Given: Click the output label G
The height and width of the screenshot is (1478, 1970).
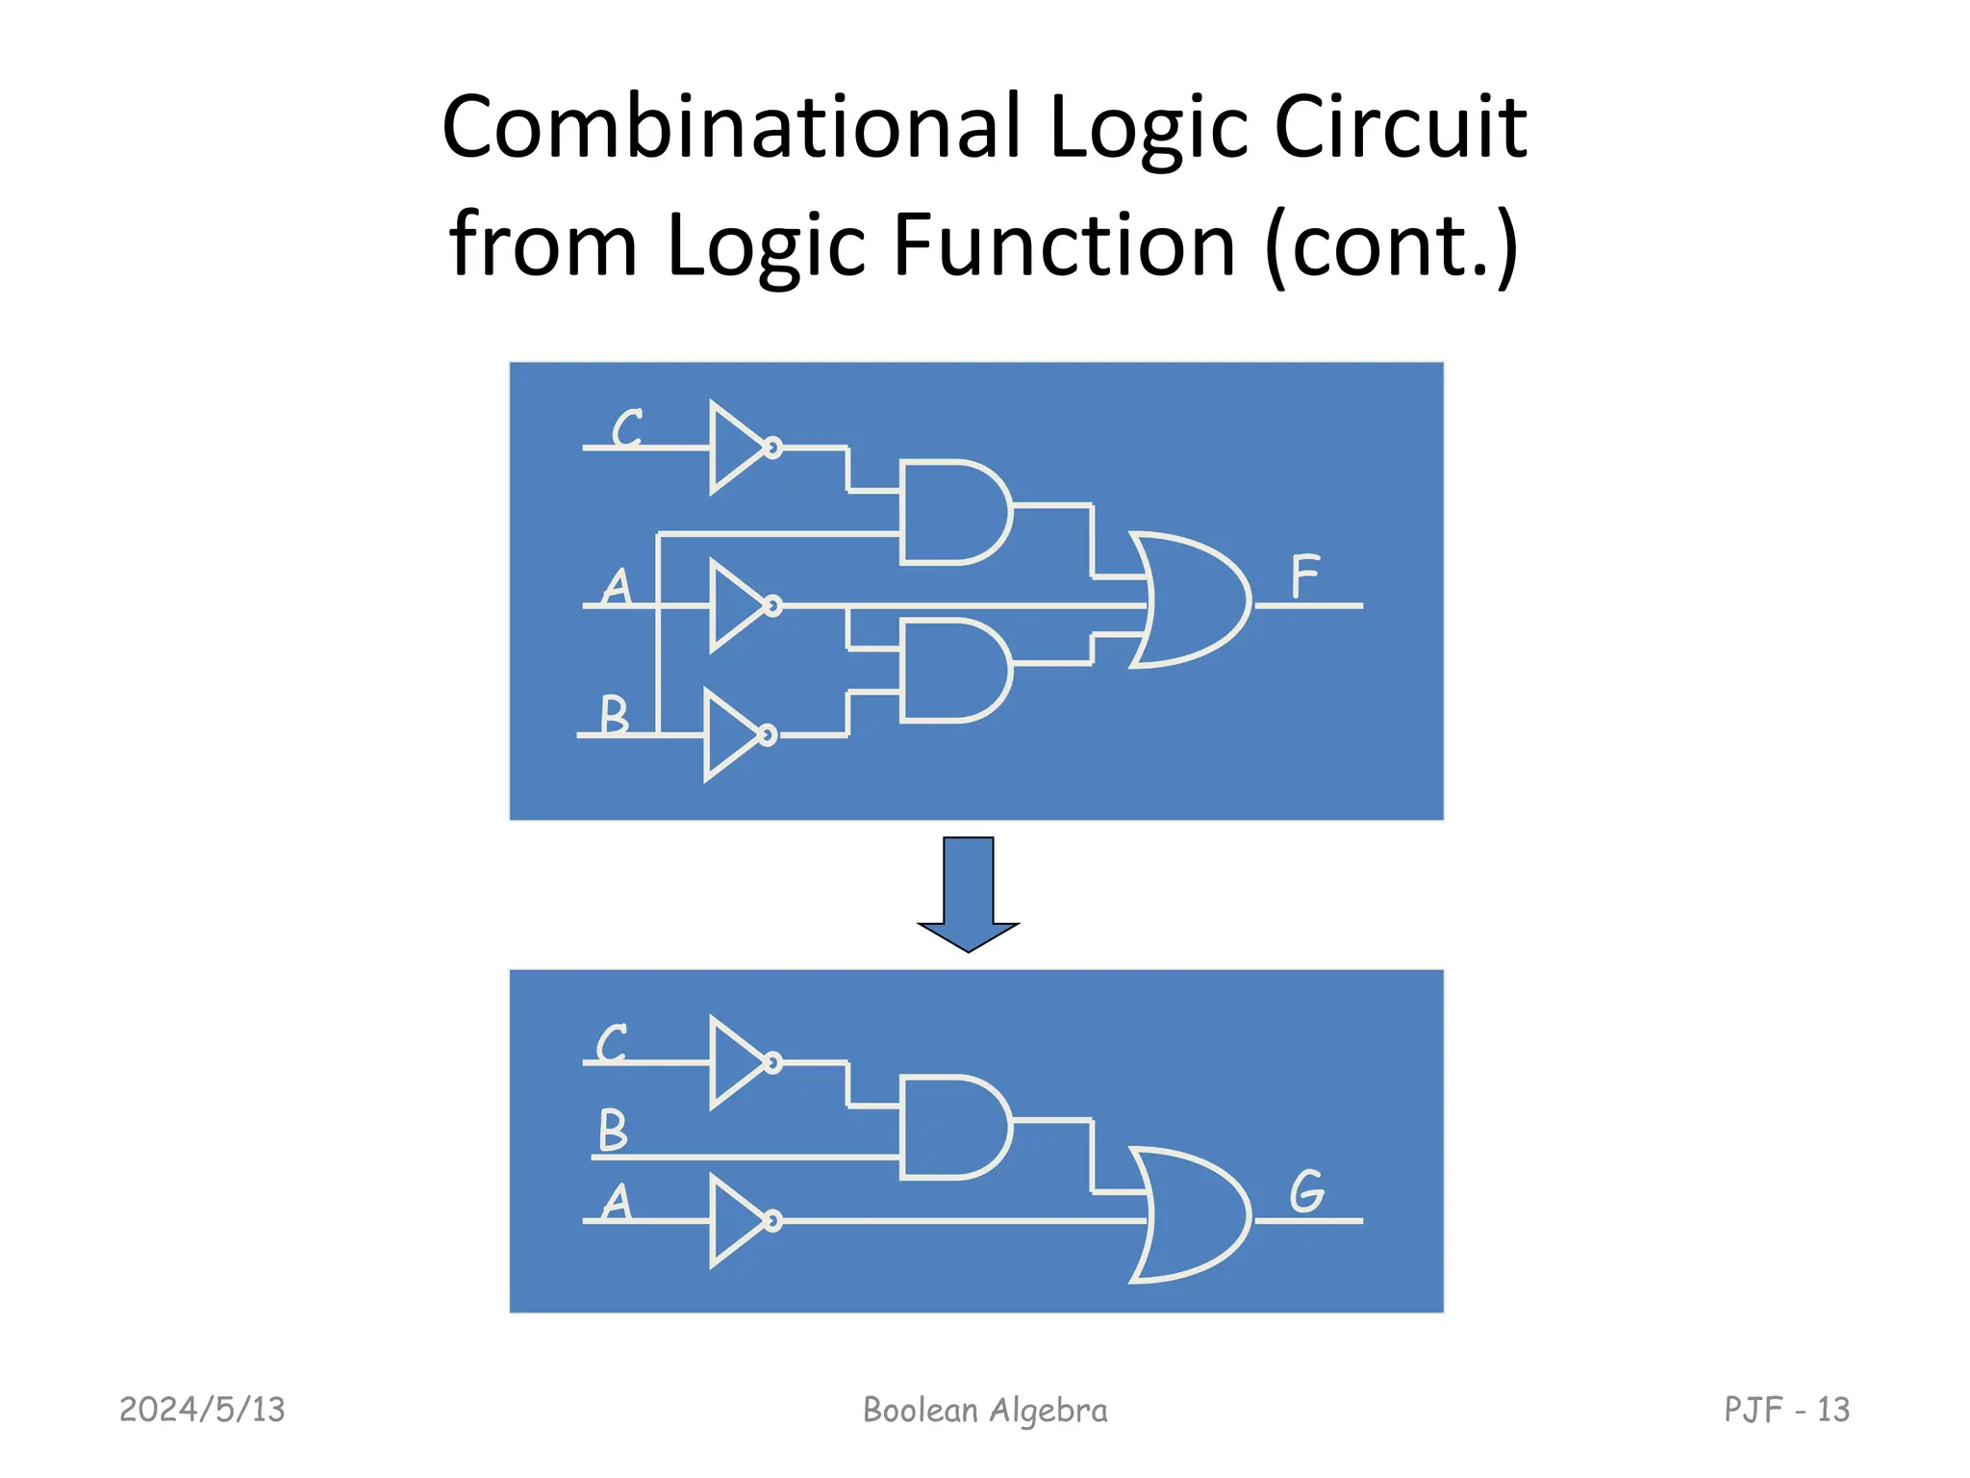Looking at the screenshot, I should click(x=1306, y=1191).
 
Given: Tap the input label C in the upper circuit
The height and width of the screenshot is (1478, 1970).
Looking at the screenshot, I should click(x=628, y=428).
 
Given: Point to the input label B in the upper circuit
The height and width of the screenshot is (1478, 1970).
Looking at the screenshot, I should click(x=614, y=714).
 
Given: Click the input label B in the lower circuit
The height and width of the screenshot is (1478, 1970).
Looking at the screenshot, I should click(x=613, y=1130).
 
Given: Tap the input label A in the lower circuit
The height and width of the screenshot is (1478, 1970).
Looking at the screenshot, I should click(x=616, y=1202).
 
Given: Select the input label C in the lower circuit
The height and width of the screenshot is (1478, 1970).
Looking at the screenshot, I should click(x=613, y=1043).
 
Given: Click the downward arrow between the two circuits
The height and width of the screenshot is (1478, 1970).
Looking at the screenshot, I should click(x=968, y=890).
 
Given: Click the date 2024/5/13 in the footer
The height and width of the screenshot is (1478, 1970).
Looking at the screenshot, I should click(x=202, y=1410).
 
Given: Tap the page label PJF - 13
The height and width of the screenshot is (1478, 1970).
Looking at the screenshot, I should click(x=1786, y=1410).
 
